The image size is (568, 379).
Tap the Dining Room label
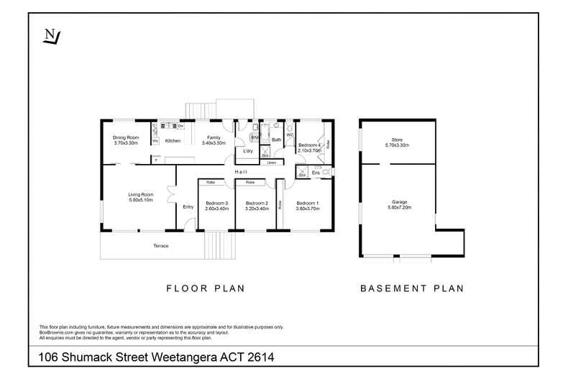point(125,138)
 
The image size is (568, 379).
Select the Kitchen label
point(173,141)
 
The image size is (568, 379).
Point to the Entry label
point(188,207)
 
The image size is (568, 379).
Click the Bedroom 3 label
point(216,203)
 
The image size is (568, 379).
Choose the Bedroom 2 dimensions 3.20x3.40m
point(256,208)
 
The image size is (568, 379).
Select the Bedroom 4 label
point(308,145)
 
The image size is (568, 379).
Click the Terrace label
point(160,246)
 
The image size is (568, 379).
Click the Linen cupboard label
point(271,163)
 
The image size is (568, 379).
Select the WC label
point(289,135)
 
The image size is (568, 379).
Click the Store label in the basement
point(397,140)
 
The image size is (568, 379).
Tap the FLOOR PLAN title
point(206,288)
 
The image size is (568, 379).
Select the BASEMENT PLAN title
point(411,288)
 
